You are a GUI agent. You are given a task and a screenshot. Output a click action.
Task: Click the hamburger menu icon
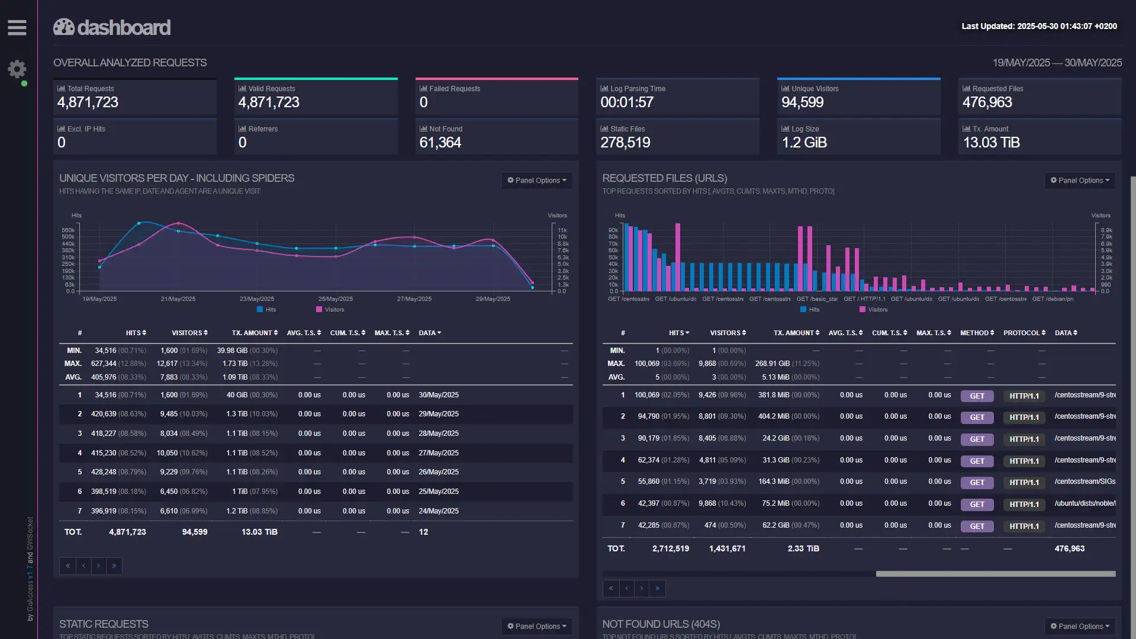click(17, 27)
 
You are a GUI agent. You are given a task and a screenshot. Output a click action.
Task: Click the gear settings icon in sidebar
click(17, 69)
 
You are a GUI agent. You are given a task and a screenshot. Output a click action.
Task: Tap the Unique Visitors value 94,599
click(802, 102)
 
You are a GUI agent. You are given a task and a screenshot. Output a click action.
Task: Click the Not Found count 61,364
click(440, 143)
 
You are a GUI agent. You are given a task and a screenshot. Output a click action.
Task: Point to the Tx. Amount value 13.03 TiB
click(991, 143)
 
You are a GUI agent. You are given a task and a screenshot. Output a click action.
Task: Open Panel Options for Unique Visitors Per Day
click(536, 181)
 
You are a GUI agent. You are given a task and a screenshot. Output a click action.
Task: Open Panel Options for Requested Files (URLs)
click(1080, 181)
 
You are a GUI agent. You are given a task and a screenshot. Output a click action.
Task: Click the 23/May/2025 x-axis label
click(256, 299)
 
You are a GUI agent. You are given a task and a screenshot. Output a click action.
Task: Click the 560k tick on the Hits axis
click(68, 230)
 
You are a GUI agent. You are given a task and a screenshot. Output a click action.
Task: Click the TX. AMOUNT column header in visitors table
click(254, 333)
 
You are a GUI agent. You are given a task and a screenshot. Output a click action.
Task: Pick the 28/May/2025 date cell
click(438, 434)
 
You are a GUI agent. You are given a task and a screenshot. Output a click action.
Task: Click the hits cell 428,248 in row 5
click(104, 472)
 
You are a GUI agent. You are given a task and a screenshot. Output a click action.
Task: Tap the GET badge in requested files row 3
click(977, 439)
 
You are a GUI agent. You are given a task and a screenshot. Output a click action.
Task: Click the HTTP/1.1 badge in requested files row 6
click(1024, 505)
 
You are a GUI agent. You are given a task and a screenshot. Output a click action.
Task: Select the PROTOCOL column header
click(1024, 333)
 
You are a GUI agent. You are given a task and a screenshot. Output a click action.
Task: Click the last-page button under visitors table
click(114, 566)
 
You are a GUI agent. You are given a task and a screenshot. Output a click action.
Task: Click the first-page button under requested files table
click(611, 589)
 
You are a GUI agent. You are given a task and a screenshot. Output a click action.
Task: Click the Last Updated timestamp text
click(1039, 27)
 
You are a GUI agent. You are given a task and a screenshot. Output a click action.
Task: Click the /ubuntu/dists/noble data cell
click(1084, 503)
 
